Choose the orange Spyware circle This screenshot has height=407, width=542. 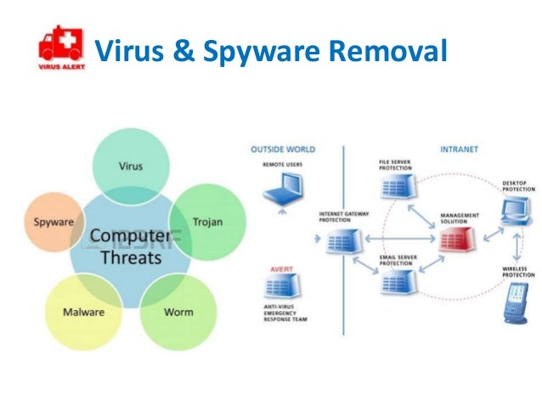pyautogui.click(x=53, y=222)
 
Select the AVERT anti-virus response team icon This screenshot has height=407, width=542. pyautogui.click(x=280, y=280)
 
